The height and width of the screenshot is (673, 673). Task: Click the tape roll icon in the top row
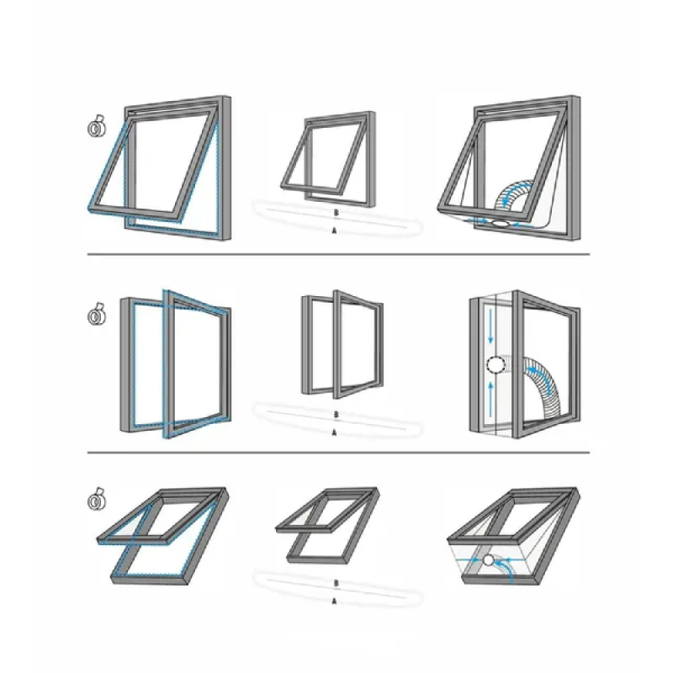[98, 127]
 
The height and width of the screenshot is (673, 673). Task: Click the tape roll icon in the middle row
[98, 314]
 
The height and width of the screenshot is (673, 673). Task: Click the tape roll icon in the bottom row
[98, 499]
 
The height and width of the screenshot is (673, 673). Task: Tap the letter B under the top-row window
[336, 213]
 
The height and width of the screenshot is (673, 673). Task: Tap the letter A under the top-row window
[334, 231]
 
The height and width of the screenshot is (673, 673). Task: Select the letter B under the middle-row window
[336, 415]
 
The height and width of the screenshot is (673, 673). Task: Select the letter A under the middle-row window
[334, 432]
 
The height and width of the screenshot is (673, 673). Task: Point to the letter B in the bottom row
[336, 583]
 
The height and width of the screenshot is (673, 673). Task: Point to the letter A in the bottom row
[334, 601]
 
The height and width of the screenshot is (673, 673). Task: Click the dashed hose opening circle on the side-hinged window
[496, 365]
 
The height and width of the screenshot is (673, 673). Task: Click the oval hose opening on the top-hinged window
[500, 223]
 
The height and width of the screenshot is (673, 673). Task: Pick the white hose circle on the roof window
[489, 560]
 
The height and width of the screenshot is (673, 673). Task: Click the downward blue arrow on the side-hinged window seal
[490, 326]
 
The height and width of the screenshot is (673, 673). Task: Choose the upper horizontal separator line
[338, 254]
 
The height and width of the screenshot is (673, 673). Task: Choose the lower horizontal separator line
[338, 453]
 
